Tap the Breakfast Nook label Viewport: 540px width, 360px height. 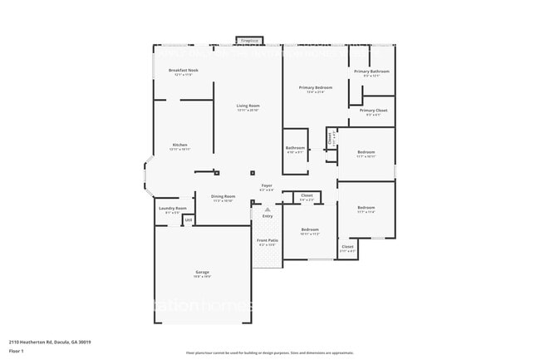pyautogui.click(x=183, y=71)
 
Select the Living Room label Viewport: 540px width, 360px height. pyautogui.click(x=248, y=106)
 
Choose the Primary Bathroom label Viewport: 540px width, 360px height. pyautogui.click(x=371, y=72)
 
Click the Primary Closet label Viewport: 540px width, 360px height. pyautogui.click(x=373, y=111)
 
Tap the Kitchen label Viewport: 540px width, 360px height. pyautogui.click(x=180, y=145)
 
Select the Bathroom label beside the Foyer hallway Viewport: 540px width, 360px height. pyautogui.click(x=296, y=149)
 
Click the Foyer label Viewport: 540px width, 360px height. pyautogui.click(x=267, y=185)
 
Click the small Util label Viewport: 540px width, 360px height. pyautogui.click(x=189, y=220)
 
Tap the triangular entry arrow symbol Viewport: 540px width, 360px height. pyautogui.click(x=267, y=210)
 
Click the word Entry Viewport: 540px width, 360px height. pyautogui.click(x=267, y=216)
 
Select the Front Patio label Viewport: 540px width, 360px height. pyautogui.click(x=268, y=240)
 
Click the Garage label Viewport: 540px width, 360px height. pyautogui.click(x=202, y=272)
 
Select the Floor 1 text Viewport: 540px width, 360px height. pyautogui.click(x=17, y=351)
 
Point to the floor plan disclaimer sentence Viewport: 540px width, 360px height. pyautogui.click(x=270, y=353)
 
